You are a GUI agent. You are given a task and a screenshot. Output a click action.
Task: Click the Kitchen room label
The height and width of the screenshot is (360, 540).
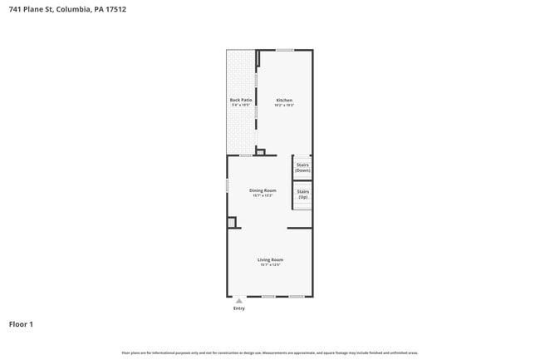click(284, 101)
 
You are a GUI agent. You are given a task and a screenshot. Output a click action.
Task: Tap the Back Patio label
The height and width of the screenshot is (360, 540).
click(241, 101)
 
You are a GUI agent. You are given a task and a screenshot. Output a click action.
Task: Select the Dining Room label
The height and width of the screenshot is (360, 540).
click(263, 190)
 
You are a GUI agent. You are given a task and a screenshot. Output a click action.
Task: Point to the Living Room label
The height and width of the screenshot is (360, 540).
click(270, 260)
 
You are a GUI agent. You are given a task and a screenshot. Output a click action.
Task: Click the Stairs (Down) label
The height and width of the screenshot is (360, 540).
click(302, 167)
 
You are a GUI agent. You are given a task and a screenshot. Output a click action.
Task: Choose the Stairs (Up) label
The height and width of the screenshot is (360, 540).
click(302, 195)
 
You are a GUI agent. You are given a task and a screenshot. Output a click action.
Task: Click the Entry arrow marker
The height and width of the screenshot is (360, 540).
click(239, 301)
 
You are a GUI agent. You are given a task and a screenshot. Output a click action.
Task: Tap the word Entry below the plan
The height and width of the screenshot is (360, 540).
click(239, 308)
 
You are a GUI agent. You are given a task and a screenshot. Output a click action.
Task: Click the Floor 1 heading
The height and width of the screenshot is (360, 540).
click(21, 324)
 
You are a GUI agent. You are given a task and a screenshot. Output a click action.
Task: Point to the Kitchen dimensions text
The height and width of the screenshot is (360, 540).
click(284, 106)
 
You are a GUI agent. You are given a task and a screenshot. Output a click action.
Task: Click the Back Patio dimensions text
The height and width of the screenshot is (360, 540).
click(241, 106)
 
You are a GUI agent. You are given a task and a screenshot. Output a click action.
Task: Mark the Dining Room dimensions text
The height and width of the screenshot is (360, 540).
click(263, 195)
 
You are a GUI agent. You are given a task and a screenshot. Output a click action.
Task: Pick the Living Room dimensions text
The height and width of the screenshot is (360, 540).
click(270, 265)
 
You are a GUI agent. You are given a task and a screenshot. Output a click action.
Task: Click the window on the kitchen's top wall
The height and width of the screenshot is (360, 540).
click(285, 50)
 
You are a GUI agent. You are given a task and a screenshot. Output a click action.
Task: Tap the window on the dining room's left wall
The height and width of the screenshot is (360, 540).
click(228, 185)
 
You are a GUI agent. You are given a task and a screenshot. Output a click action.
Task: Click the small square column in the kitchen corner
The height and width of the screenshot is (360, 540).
click(260, 152)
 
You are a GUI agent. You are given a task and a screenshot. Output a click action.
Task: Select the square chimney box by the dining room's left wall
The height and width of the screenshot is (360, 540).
click(233, 222)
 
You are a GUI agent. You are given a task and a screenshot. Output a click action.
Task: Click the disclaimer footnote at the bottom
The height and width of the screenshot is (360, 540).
click(270, 353)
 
